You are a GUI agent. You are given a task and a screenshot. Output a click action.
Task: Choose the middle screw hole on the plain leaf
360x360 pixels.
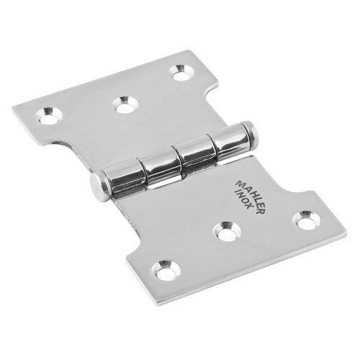coord(125,104)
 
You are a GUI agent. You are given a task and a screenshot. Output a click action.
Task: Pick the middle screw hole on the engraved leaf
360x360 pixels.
coord(228,231)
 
